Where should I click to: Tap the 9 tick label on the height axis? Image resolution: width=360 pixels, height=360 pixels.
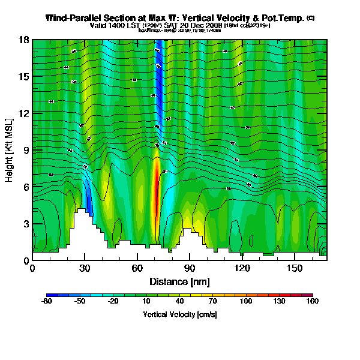tap(27, 150)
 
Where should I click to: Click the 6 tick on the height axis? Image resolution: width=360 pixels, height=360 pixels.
tap(27, 187)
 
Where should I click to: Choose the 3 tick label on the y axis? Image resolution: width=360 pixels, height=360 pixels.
tap(27, 224)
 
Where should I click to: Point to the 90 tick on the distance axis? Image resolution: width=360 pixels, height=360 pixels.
tap(190, 269)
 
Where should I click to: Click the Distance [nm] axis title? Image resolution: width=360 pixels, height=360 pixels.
tap(179, 281)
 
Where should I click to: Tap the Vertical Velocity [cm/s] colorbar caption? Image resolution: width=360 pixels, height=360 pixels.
tap(179, 314)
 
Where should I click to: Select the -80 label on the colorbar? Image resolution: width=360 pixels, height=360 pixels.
tap(46, 302)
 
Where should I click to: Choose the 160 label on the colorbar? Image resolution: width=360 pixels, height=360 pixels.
tap(313, 302)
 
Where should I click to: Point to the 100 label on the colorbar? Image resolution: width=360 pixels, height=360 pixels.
tap(246, 302)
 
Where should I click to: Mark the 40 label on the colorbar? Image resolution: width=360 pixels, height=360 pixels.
tap(179, 302)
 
